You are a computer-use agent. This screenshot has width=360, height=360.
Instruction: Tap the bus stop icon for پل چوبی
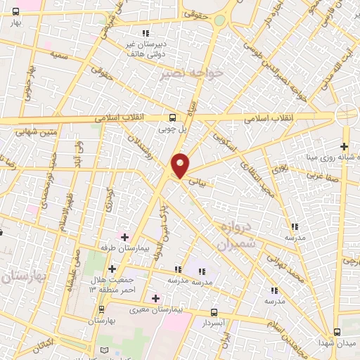(x=173, y=118)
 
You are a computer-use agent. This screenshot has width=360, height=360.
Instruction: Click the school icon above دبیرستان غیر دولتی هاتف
(x=146, y=33)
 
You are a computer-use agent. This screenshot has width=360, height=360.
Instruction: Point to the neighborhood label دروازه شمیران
(x=231, y=237)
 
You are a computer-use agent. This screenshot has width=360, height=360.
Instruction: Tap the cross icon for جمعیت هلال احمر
(x=112, y=269)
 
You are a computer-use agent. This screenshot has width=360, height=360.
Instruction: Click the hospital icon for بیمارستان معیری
(x=155, y=298)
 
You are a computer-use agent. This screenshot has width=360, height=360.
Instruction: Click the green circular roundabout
(x=220, y=20)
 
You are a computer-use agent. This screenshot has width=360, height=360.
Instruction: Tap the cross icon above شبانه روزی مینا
(x=345, y=146)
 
